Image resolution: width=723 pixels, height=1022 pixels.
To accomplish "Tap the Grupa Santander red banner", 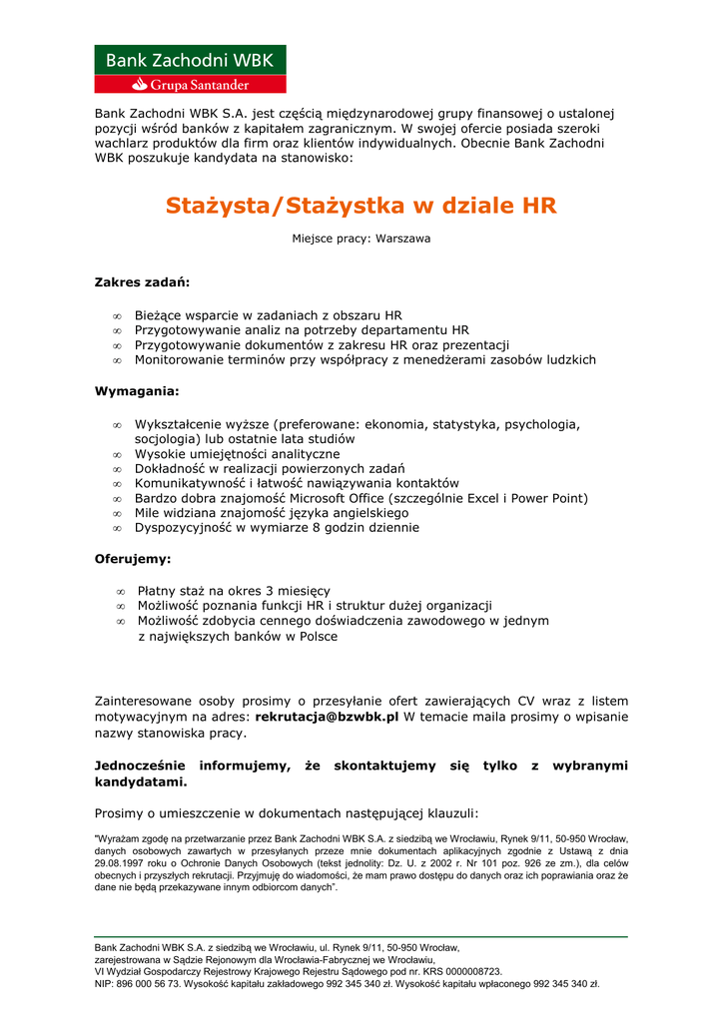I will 190,85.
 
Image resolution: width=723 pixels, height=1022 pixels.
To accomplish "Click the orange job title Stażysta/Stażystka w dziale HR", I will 361,206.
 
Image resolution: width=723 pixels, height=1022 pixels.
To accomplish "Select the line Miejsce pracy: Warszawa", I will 361,239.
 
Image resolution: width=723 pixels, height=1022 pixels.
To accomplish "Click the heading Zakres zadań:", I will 142,282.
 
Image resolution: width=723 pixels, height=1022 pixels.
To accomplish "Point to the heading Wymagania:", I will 137,391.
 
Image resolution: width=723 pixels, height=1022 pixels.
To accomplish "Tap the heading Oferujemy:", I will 133,559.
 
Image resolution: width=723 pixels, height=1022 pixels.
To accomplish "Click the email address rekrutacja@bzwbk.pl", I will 328,717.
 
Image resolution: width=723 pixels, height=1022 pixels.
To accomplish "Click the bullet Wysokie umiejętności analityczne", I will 237,454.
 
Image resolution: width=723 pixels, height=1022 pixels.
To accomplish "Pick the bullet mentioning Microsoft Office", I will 361,498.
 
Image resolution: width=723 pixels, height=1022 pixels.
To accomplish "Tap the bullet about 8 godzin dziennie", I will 277,527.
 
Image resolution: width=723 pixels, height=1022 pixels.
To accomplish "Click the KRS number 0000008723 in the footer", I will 469,971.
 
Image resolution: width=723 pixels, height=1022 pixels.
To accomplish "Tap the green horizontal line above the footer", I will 361,937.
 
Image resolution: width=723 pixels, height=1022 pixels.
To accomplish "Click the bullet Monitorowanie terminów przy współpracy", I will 364,359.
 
